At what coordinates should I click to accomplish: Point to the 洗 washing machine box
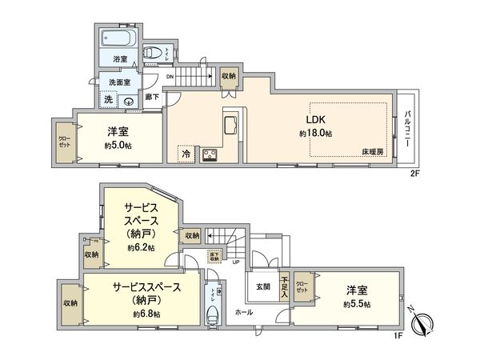pos(108,100)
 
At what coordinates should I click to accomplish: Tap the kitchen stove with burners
pos(211,154)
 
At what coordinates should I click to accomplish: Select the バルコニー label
pos(408,128)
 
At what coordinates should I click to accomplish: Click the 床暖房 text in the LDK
pos(373,151)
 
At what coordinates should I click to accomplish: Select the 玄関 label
pos(263,286)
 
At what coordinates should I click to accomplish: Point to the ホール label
pos(242,314)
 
